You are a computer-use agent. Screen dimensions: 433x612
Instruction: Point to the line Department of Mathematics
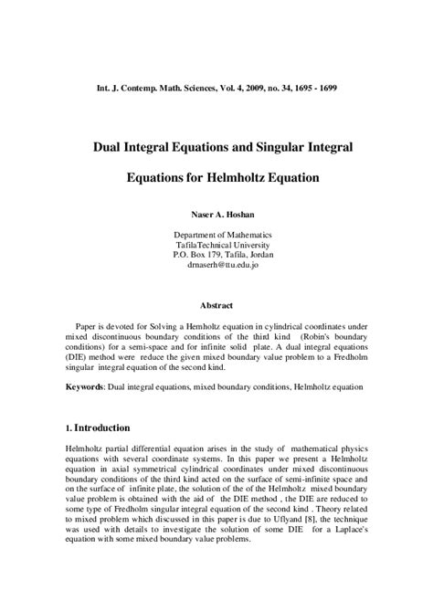pyautogui.click(x=216, y=235)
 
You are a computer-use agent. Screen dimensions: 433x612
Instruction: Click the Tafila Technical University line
pyautogui.click(x=216, y=246)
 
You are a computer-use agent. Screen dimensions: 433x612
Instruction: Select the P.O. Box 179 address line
pyautogui.click(x=216, y=257)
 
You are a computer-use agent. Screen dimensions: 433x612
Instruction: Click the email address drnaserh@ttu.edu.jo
pyautogui.click(x=216, y=268)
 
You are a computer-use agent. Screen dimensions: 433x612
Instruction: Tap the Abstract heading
pyautogui.click(x=216, y=304)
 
